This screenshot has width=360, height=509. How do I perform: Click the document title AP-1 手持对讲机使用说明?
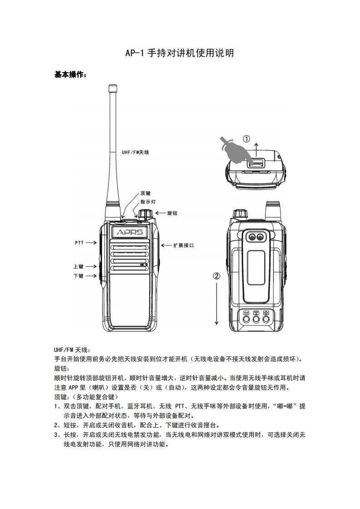(180, 54)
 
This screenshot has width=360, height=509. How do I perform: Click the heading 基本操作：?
(70, 75)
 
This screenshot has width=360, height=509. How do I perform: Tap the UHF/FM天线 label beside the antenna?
(135, 152)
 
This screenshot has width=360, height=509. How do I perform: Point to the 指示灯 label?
(148, 202)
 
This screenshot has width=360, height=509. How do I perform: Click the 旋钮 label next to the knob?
(172, 213)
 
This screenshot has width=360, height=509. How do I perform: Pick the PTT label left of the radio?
(79, 243)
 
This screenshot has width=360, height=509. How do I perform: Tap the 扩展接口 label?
(183, 245)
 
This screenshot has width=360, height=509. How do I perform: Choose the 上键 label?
(78, 267)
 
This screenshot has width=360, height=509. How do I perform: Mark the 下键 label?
(78, 275)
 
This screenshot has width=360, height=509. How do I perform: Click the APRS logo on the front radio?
(130, 232)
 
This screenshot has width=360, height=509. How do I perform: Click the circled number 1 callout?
(246, 139)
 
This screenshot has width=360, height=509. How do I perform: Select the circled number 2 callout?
(217, 275)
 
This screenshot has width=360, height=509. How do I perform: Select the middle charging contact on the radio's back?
(256, 319)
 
